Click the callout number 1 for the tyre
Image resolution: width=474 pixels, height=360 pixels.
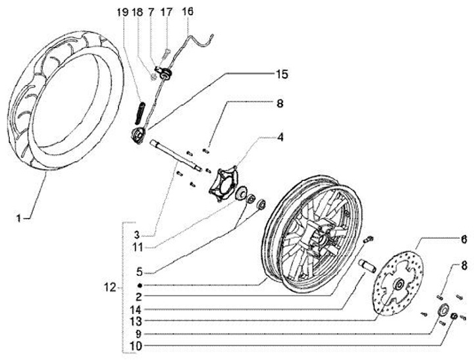pos(19,216)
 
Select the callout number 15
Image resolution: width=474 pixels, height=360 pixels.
pos(280,74)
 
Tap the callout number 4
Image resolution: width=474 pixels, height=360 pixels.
pos(280,138)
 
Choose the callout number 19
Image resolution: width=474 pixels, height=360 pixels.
pos(120,12)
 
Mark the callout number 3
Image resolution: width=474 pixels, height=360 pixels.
pos(136,234)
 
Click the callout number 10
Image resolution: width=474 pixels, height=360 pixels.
pos(136,345)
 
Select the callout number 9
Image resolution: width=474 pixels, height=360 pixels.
pos(136,333)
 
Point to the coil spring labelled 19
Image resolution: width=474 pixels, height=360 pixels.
pos(141,108)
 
